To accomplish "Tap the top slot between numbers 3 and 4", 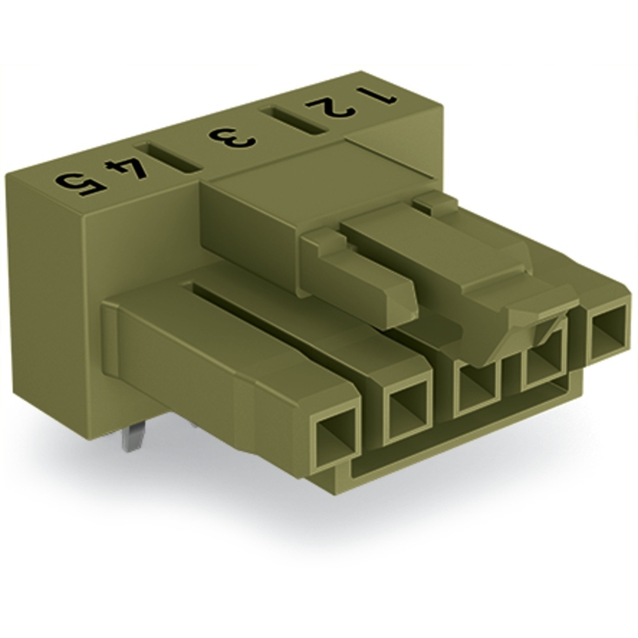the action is (168, 157).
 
